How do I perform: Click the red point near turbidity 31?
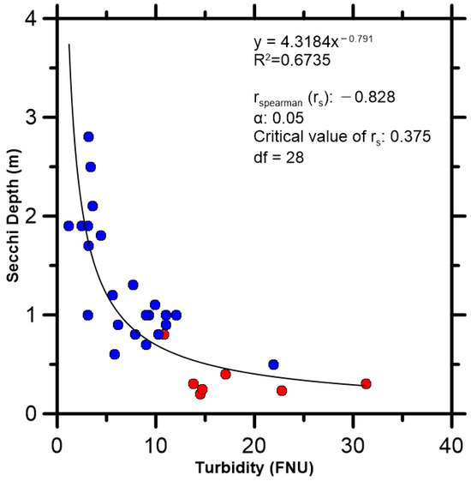[x=366, y=383]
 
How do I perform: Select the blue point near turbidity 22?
[x=273, y=364]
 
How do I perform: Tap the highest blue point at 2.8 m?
[x=88, y=136]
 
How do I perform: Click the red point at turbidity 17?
[x=225, y=374]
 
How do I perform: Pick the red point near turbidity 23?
[x=282, y=390]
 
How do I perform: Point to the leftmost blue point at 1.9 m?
[x=69, y=225]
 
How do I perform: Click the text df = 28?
[x=277, y=157]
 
